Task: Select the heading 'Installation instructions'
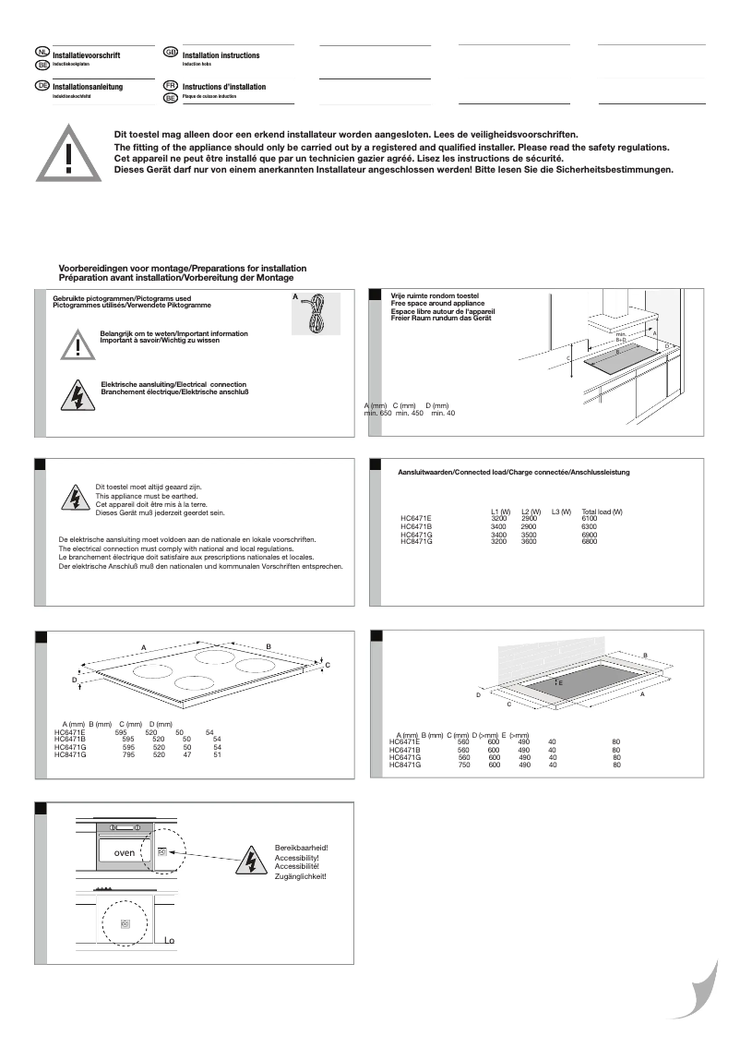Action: coord(221,55)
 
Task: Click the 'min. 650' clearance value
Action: coord(377,413)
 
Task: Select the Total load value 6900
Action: coord(589,536)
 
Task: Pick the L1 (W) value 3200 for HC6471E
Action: coord(498,519)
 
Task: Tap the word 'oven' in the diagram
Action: coord(124,852)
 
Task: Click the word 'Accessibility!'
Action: coord(296,858)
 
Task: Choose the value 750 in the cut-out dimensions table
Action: coord(464,765)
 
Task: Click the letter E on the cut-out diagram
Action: coord(560,682)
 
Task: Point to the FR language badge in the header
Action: coord(170,86)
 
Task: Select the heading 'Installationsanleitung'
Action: coord(88,87)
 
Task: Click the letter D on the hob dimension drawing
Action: coord(74,680)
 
